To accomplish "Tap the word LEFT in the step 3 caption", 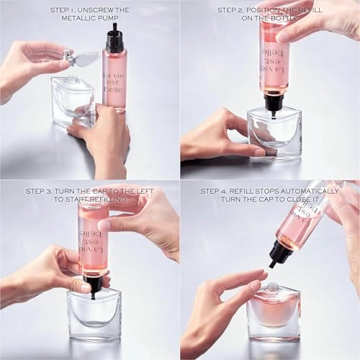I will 141,191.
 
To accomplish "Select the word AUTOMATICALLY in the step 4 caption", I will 306,191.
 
